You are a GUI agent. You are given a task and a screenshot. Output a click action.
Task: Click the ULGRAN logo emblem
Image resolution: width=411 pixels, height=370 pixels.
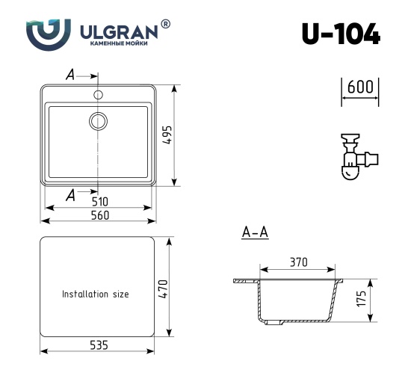tap(50, 33)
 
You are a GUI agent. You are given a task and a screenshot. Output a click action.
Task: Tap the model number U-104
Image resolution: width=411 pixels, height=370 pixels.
tap(340, 34)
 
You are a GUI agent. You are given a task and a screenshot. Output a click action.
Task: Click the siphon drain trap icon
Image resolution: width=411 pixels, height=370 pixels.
tap(355, 158)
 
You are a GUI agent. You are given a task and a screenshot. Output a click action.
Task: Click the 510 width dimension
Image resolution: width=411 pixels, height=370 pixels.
tap(100, 201)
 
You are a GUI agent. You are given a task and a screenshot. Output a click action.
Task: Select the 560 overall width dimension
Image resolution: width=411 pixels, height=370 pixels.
tap(100, 215)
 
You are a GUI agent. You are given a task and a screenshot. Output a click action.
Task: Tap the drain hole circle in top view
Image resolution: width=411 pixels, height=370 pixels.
tap(99, 120)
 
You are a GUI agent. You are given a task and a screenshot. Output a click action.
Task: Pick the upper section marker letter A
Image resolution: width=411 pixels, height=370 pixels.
tap(69, 75)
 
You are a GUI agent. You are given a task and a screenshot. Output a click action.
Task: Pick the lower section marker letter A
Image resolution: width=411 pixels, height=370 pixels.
tap(70, 195)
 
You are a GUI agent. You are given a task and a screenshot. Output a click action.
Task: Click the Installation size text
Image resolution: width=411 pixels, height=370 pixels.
tap(95, 295)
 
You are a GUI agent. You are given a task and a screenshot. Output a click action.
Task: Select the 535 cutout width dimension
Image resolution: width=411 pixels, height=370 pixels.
tap(99, 345)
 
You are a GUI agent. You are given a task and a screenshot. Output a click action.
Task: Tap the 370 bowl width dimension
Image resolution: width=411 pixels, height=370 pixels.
tap(298, 262)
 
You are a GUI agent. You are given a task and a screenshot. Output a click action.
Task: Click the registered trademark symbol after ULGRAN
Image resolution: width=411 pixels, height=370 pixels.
tap(165, 25)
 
